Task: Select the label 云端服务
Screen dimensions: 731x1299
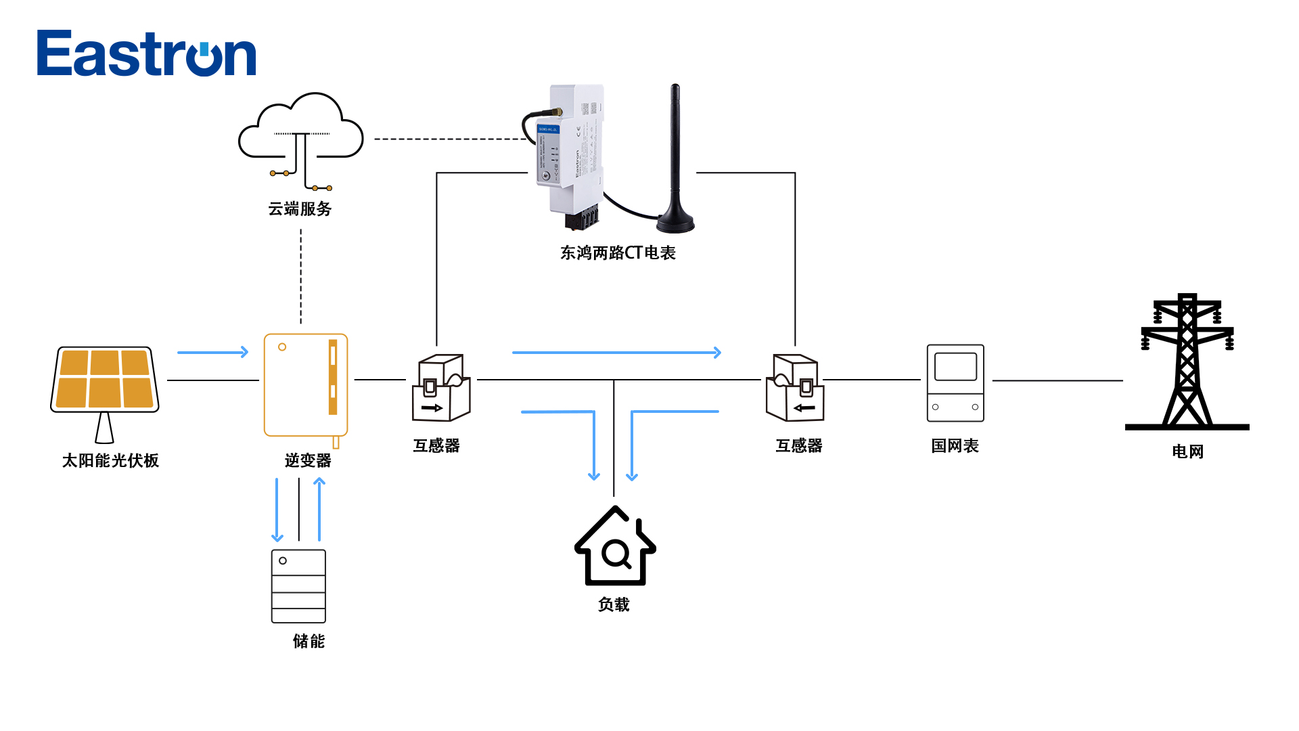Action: [x=300, y=209]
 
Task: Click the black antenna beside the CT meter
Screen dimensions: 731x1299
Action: [x=675, y=162]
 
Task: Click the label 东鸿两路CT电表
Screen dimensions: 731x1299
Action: [x=618, y=253]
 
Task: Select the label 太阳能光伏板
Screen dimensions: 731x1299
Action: [x=110, y=461]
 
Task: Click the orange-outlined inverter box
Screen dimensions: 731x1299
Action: [x=306, y=384]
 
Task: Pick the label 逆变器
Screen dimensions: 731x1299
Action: [x=308, y=461]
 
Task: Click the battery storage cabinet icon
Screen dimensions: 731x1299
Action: [x=298, y=586]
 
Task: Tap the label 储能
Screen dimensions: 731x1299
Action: [x=309, y=641]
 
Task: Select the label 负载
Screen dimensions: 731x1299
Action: [x=614, y=604]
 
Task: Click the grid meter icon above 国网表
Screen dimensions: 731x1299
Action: [x=955, y=383]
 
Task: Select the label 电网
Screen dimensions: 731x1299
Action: [x=1187, y=451]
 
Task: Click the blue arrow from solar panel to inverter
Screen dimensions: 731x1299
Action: [x=212, y=352]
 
